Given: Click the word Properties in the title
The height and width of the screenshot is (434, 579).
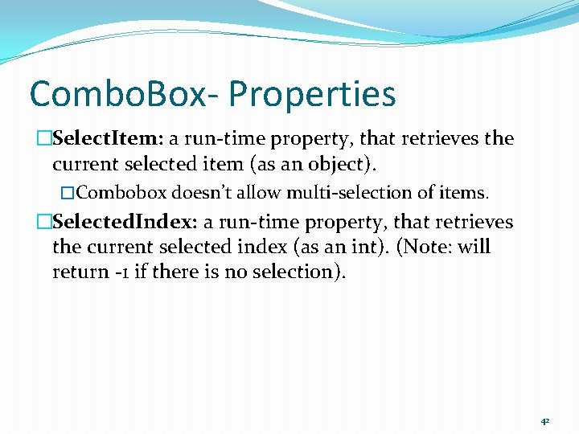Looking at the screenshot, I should click(x=312, y=94).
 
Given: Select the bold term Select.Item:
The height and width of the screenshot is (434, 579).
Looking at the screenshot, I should click(x=108, y=139).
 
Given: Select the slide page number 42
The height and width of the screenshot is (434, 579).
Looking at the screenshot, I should click(x=544, y=420).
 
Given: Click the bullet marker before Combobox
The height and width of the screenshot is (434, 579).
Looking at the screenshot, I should click(x=68, y=193).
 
